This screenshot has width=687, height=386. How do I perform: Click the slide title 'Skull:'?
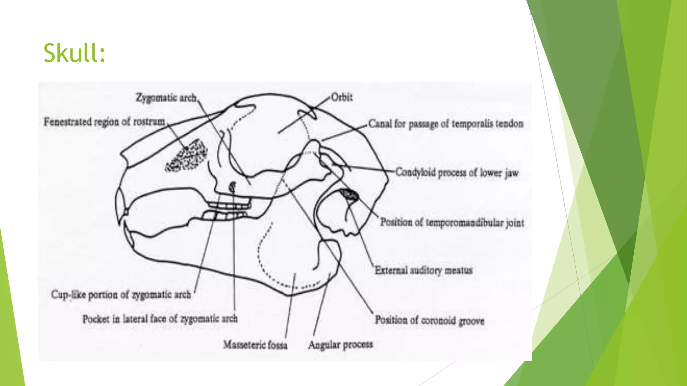74,53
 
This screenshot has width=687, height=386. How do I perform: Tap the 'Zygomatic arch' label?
166,98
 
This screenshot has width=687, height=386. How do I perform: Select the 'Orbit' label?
341,97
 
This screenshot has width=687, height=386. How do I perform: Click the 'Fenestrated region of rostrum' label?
104,122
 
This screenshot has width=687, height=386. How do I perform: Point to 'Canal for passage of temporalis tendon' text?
446,124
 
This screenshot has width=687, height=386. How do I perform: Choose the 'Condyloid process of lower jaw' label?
457,173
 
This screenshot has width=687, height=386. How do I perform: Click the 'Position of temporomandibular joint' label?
452,222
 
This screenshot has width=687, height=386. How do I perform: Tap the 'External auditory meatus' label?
423,270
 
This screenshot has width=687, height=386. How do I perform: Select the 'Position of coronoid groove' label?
429,320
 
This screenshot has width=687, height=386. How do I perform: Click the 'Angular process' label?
340,344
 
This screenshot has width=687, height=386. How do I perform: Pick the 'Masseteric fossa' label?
255,344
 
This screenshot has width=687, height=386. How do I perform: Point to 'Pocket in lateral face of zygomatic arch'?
160,318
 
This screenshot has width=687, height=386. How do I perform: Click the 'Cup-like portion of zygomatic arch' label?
121,295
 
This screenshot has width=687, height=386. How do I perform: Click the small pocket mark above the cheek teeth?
232,187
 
